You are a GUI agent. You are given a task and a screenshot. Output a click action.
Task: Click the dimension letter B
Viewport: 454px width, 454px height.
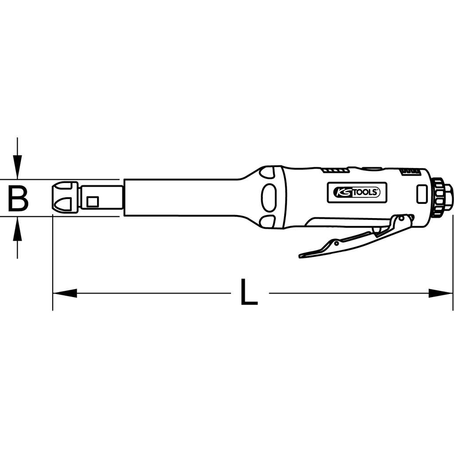tap(18, 198)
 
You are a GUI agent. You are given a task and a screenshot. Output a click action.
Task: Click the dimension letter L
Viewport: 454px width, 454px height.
tap(249, 293)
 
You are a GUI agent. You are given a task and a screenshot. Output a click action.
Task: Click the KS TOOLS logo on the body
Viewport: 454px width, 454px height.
tap(357, 192)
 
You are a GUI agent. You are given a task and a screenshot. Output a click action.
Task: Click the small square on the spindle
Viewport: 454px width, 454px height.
tap(92, 202)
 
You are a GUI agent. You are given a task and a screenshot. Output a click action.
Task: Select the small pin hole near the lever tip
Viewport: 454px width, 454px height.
tap(337, 243)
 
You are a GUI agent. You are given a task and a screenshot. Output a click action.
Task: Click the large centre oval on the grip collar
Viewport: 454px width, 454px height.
tap(268, 198)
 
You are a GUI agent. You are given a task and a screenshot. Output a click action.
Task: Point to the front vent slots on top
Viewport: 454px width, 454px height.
tap(336, 170)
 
